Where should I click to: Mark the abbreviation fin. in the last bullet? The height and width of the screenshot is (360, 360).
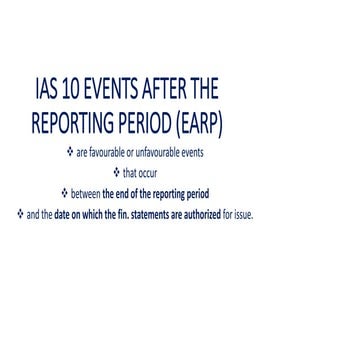click(x=127, y=213)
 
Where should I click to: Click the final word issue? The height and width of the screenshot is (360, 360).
click(x=243, y=213)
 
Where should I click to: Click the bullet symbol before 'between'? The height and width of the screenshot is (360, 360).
click(x=65, y=193)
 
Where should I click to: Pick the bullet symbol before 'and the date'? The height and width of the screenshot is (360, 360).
click(x=20, y=212)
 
